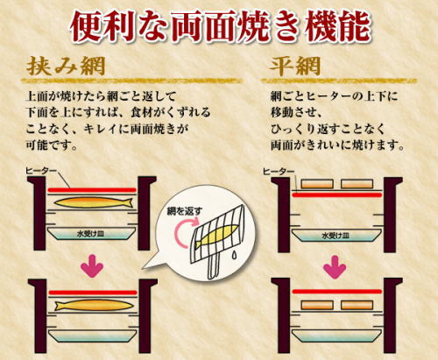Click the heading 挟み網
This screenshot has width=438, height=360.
(66, 66)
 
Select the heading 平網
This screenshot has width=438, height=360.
(295, 66)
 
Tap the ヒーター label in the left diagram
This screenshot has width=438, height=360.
(40, 171)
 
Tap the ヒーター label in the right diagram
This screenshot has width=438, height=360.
(279, 172)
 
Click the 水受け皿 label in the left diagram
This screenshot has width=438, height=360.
(90, 234)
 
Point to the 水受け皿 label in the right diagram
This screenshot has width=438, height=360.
(336, 236)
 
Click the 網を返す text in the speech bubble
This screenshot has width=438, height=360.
(184, 212)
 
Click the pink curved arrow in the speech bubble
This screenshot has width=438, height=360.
(183, 234)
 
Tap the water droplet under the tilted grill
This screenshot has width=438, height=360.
(234, 255)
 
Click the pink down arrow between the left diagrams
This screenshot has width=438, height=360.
(92, 265)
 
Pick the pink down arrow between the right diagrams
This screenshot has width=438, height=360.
(335, 267)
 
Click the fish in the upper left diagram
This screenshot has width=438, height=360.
(94, 202)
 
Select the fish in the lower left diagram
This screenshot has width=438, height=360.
(94, 306)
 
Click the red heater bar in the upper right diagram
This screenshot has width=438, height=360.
(337, 194)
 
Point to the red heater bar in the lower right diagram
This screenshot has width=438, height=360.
(337, 292)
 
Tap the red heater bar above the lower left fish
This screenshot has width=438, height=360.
(93, 293)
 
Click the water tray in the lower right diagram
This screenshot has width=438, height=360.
(336, 335)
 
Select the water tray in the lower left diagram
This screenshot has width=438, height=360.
(92, 335)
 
